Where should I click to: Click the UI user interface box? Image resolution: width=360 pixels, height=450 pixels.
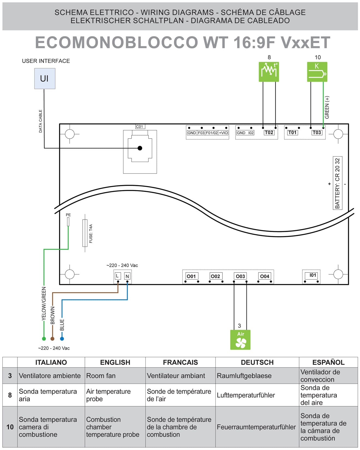(x=44, y=79)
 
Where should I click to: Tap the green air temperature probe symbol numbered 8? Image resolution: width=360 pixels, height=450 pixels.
(x=269, y=72)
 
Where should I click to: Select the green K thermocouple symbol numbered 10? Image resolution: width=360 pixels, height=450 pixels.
(x=317, y=72)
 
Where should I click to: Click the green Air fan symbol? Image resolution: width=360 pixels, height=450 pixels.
(x=240, y=340)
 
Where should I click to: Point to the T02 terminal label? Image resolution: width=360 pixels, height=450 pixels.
(x=269, y=133)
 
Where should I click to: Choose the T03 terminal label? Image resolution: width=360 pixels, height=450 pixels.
(x=317, y=133)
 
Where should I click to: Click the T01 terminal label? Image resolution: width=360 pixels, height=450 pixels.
(x=292, y=133)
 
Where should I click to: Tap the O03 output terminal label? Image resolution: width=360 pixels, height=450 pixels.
(x=240, y=276)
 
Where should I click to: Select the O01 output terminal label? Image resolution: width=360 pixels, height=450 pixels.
(x=191, y=276)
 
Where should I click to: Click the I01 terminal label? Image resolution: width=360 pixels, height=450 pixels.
(x=313, y=275)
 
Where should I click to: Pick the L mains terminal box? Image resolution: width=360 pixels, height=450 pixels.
(x=117, y=276)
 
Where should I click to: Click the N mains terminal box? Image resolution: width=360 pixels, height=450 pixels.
(x=127, y=276)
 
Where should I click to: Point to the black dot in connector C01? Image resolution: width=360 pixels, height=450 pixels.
(x=140, y=148)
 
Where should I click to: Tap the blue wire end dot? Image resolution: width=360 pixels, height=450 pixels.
(x=62, y=339)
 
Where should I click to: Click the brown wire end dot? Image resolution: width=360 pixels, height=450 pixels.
(x=52, y=339)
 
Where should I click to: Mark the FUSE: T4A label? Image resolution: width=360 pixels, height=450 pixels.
(x=91, y=233)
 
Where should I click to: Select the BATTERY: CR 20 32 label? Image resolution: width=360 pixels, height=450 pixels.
(x=338, y=183)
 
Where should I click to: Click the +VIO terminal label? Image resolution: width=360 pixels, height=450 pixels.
(x=223, y=133)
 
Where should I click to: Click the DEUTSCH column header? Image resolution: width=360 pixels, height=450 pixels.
(x=257, y=362)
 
